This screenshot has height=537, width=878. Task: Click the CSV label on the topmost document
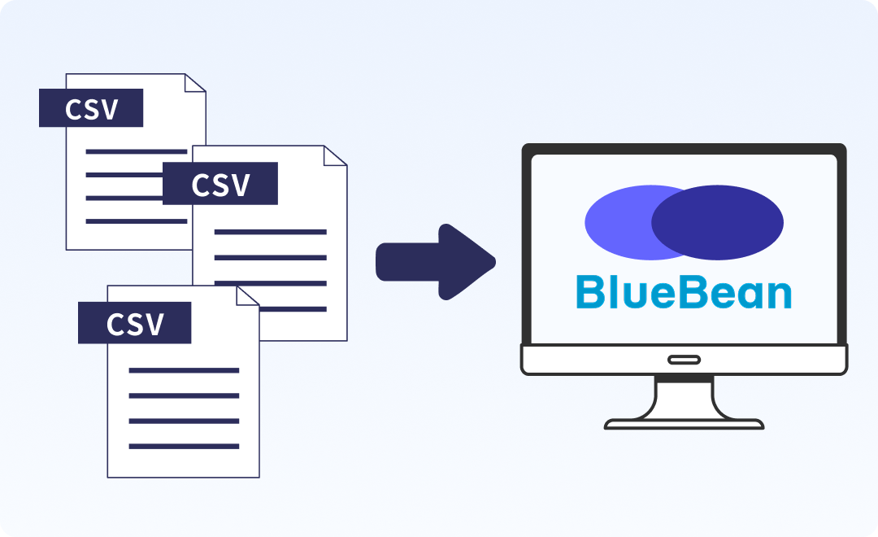(x=91, y=108)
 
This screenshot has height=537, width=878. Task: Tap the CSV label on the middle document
(x=220, y=184)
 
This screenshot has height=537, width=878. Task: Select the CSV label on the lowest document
(x=134, y=323)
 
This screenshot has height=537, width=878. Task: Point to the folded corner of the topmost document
(x=196, y=83)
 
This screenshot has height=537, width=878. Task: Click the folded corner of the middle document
(x=336, y=156)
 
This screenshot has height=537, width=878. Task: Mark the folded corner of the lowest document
(x=248, y=295)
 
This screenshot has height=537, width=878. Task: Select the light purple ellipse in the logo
(x=618, y=221)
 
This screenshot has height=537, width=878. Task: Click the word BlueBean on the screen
(x=683, y=293)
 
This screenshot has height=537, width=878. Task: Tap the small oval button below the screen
(x=684, y=360)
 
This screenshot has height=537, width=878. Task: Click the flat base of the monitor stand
(x=684, y=424)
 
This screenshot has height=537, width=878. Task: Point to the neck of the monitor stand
(x=684, y=396)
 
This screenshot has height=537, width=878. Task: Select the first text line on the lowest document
(x=184, y=370)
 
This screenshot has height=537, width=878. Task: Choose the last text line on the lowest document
(x=184, y=446)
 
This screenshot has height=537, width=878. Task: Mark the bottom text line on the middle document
(x=270, y=308)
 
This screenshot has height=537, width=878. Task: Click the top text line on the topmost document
(x=137, y=151)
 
